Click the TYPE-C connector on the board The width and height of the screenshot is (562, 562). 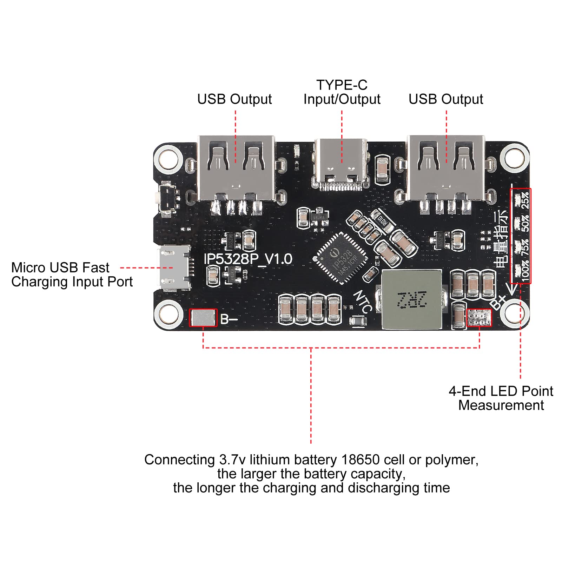pyautogui.click(x=341, y=163)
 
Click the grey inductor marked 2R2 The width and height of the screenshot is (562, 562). pyautogui.click(x=411, y=299)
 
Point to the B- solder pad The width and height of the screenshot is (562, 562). pyautogui.click(x=203, y=318)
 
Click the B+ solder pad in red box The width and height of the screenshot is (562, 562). pyautogui.click(x=479, y=318)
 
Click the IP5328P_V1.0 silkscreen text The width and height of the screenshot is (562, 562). pyautogui.click(x=248, y=259)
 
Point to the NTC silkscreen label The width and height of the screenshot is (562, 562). pyautogui.click(x=363, y=301)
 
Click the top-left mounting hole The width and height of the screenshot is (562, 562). pyautogui.click(x=168, y=158)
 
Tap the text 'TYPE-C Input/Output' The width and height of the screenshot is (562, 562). pyautogui.click(x=342, y=92)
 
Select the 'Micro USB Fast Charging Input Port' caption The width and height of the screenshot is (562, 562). pyautogui.click(x=72, y=275)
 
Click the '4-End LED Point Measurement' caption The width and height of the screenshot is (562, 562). pyautogui.click(x=501, y=398)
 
